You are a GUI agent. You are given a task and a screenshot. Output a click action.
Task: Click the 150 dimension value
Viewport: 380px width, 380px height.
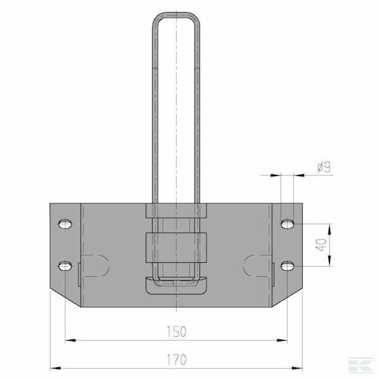point(177,332)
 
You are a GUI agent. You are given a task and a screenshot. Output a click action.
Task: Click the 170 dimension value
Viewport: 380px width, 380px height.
point(177,360)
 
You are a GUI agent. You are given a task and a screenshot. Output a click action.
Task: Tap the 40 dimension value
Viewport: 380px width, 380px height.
point(321,244)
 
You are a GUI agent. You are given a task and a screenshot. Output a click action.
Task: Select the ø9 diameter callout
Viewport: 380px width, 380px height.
point(324,167)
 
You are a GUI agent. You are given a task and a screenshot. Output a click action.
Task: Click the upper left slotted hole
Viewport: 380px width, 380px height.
point(65,224)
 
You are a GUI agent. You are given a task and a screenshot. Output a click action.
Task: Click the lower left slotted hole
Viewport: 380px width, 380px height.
point(65,267)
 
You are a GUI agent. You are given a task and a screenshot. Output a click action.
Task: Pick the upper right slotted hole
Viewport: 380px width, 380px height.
point(288,224)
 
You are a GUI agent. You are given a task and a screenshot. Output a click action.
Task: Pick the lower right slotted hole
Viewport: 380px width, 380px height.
point(288,267)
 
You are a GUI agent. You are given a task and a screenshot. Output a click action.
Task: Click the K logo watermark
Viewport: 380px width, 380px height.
point(361,365)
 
